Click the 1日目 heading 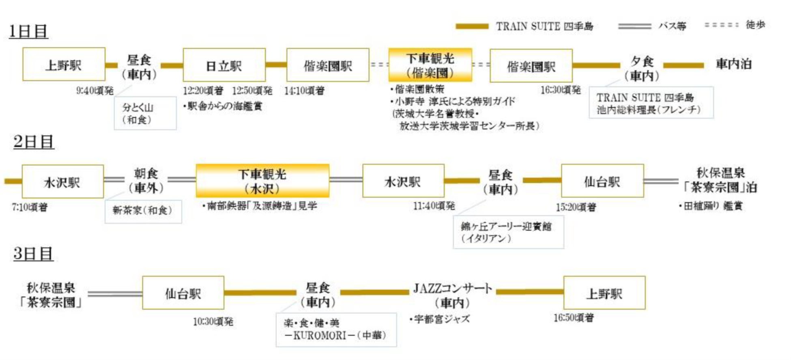28,31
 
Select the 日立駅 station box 224,65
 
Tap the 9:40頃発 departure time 95,91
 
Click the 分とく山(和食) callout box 145,113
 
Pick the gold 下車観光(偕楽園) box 430,65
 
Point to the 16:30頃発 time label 560,90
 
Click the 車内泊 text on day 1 733,64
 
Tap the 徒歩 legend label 755,25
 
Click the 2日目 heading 33,142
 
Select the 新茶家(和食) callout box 143,211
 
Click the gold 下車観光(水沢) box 262,181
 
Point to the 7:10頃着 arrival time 30,207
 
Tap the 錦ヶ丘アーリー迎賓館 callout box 508,232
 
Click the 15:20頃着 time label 576,207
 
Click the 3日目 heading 33,254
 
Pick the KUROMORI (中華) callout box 336,329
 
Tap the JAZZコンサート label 452,289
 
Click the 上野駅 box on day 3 604,293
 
